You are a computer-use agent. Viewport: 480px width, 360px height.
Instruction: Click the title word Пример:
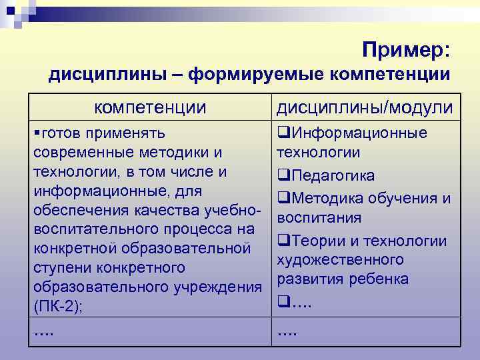(407, 49)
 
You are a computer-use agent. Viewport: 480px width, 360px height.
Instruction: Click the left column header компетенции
(149, 107)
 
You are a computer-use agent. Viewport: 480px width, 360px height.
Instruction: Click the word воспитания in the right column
(319, 218)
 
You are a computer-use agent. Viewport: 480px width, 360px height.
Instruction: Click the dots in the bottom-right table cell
(287, 331)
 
